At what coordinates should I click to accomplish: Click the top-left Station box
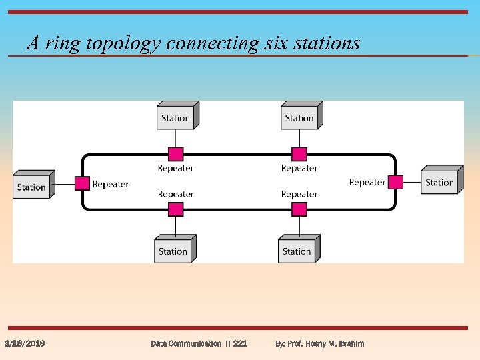click(x=176, y=117)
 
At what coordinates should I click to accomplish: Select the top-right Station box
click(x=300, y=117)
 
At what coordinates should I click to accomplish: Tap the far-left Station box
click(x=32, y=186)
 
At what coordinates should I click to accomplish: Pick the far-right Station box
click(x=440, y=182)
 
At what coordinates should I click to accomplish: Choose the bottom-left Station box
click(x=173, y=251)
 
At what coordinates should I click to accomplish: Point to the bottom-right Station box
click(x=297, y=251)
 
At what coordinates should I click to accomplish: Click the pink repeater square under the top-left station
click(x=175, y=154)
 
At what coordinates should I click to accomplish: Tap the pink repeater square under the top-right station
click(x=299, y=154)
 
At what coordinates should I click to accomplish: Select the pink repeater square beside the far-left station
click(x=81, y=183)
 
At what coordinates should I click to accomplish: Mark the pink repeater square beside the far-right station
click(x=395, y=182)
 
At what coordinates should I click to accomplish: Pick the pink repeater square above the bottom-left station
click(x=175, y=209)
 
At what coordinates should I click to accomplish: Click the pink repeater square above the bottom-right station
click(x=299, y=209)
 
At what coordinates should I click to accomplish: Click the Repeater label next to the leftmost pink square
click(x=111, y=184)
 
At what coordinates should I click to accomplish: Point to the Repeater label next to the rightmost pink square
click(x=367, y=182)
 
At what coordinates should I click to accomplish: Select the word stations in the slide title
click(x=325, y=44)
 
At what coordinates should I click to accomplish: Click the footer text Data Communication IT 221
click(x=199, y=343)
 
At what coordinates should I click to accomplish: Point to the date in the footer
click(x=25, y=343)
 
